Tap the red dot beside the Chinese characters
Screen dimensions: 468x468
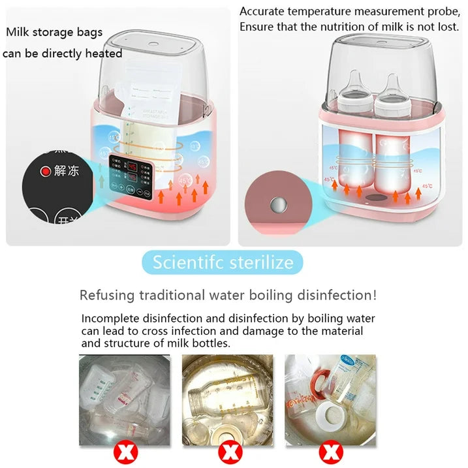(x=45, y=172)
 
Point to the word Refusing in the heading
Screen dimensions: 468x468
(x=104, y=295)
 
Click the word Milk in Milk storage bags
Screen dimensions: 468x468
(x=19, y=31)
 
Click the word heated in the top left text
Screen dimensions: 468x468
(x=104, y=54)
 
